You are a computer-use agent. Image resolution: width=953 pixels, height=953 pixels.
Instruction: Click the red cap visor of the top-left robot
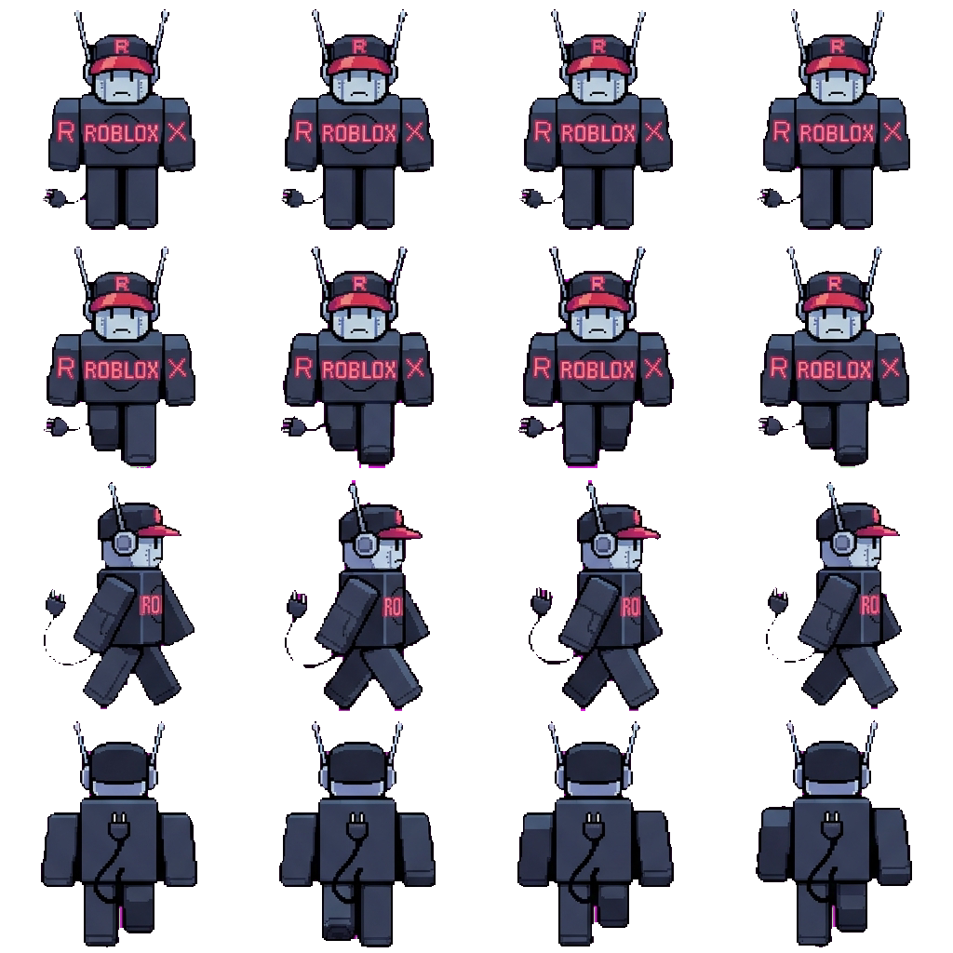click(120, 65)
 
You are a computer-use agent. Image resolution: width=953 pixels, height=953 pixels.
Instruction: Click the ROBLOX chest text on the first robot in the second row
click(122, 369)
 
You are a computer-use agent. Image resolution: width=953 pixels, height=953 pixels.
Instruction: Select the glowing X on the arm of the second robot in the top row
click(414, 131)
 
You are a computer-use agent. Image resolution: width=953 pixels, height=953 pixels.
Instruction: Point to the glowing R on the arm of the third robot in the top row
click(542, 131)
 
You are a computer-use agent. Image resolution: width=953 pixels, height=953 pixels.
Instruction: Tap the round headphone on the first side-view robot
click(124, 541)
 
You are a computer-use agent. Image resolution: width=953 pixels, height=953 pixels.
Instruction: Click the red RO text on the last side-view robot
click(869, 605)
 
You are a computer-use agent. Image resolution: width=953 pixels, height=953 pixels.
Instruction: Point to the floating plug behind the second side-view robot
click(297, 603)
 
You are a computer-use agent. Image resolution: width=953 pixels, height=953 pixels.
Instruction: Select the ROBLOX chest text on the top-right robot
click(837, 132)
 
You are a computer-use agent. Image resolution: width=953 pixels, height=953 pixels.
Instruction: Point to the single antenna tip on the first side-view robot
click(112, 486)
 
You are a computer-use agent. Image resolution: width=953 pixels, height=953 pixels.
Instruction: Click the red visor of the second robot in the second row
click(358, 302)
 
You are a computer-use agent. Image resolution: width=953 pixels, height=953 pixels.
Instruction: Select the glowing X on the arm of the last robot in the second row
click(891, 368)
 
